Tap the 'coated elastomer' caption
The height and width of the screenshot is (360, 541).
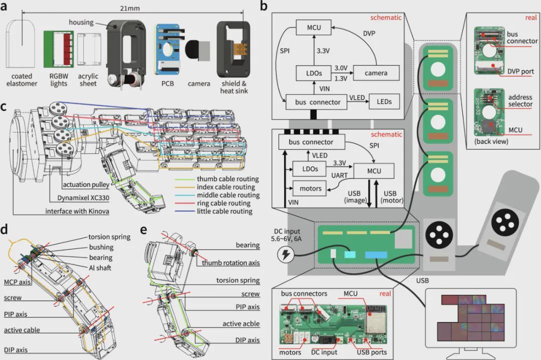pyautogui.click(x=21, y=80)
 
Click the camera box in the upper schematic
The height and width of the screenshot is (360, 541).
pyautogui.click(x=376, y=73)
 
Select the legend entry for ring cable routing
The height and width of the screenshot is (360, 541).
pyautogui.click(x=220, y=203)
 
